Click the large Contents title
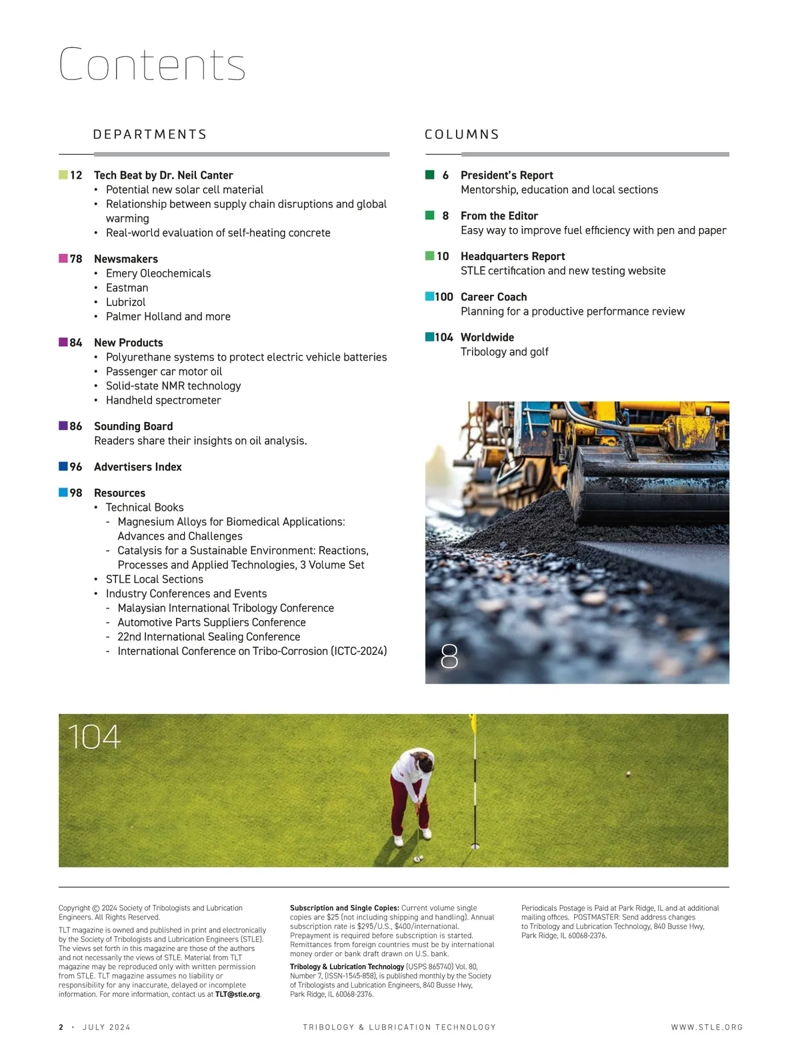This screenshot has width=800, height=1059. coord(152,65)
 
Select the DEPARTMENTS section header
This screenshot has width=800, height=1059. coord(149,135)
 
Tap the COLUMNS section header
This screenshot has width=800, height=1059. coord(461,135)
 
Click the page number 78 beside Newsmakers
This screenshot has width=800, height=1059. coord(76,259)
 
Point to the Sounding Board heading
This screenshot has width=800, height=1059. coord(133,426)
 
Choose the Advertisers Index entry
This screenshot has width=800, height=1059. coord(137,467)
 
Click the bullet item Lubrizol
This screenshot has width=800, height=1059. coord(125,302)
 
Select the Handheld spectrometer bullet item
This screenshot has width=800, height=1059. coord(163,400)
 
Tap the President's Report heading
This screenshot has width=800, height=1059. coord(507,175)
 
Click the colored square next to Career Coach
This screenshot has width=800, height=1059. coord(429,296)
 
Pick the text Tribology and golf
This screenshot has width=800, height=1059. coord(504,351)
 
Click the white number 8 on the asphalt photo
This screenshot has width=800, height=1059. coord(449,657)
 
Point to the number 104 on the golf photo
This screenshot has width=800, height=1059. coord(94,738)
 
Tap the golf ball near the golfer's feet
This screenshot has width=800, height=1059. coord(419,858)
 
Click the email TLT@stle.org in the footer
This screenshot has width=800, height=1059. coord(237,994)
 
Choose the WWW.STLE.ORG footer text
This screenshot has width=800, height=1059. coord(707,1028)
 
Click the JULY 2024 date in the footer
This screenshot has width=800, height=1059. coord(107,1028)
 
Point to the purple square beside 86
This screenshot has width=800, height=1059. coord(63,425)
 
